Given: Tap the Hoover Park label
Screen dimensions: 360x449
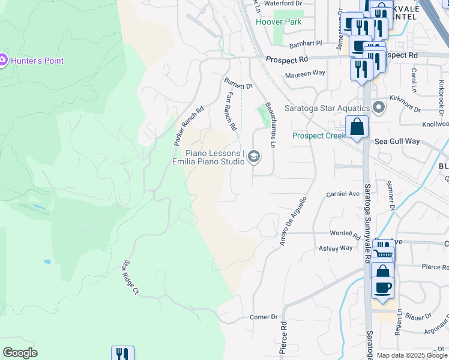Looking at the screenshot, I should [278, 22].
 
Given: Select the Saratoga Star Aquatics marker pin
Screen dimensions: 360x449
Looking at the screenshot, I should [379, 108].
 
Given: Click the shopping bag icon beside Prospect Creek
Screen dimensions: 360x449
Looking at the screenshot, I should [357, 127].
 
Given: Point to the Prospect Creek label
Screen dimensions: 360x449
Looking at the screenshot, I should [319, 136].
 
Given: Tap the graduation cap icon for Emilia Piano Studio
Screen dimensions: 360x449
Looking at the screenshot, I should [254, 157].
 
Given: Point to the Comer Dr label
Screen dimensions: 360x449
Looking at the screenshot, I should [264, 317].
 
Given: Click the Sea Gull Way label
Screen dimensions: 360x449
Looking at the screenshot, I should [397, 142].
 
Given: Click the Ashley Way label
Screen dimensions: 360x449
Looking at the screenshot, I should [336, 248].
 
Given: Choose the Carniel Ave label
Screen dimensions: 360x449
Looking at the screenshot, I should [342, 194].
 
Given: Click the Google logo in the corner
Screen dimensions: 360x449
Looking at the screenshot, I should [20, 353].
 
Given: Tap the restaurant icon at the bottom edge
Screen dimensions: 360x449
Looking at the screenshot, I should [122, 354].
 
